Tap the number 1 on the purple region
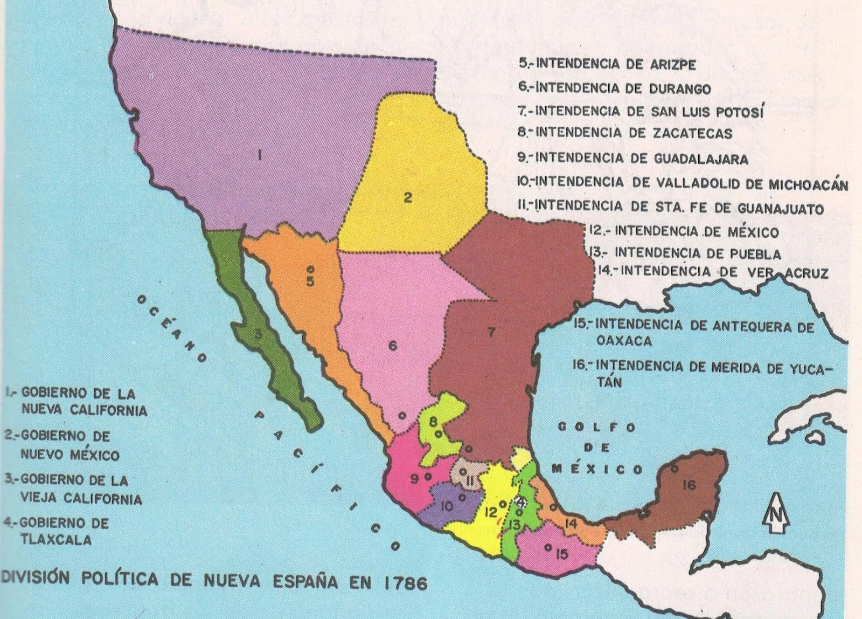(259, 156)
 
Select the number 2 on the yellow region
(408, 198)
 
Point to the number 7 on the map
(490, 333)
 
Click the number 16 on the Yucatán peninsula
(689, 485)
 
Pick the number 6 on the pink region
(393, 346)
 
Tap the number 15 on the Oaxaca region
(562, 553)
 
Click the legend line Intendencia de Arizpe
(607, 64)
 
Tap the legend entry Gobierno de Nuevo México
(62, 445)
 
